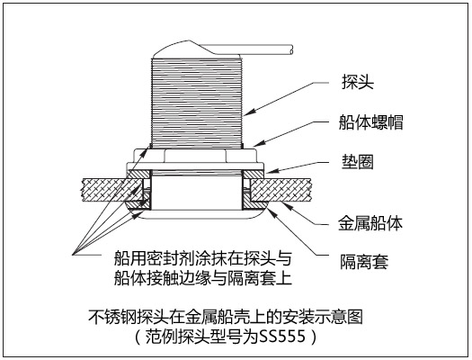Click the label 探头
coord(358,82)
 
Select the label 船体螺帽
coord(370,122)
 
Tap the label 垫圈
coord(358,162)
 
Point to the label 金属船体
coord(370,223)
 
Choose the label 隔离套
coord(364,262)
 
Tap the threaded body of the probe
coord(197,103)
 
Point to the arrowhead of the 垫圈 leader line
coord(271,171)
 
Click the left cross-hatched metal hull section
coord(112,190)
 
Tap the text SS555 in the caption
coord(282,337)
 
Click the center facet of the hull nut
coord(195,156)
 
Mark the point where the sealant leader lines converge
coord(73,255)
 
